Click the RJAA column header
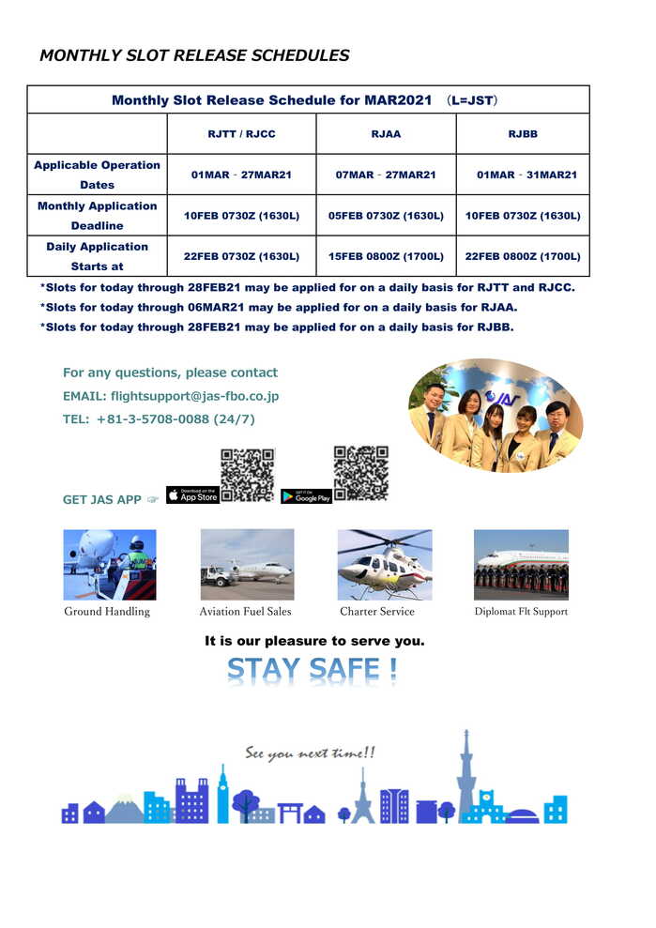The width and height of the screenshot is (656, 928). click(x=386, y=134)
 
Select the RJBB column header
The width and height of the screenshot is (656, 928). click(x=523, y=134)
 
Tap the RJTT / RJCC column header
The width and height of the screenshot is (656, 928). click(x=241, y=134)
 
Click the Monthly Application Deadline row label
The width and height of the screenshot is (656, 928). click(x=97, y=216)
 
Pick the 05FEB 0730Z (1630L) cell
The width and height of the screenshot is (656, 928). click(x=386, y=216)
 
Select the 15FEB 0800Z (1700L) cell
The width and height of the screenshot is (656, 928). click(x=386, y=256)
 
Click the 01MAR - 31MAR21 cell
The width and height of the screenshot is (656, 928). click(x=526, y=175)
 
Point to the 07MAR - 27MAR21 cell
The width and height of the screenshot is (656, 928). click(x=386, y=175)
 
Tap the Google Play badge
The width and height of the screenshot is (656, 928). click(x=306, y=496)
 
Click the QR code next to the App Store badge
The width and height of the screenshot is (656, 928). click(x=247, y=475)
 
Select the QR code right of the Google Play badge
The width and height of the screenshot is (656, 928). click(x=361, y=473)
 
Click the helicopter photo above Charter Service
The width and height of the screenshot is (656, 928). click(x=385, y=564)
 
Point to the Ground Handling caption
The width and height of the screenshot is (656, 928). click(x=107, y=612)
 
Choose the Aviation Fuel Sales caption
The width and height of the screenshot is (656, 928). click(x=245, y=612)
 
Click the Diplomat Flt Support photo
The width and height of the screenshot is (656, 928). click(x=521, y=564)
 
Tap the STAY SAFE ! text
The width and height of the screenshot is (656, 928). click(x=313, y=671)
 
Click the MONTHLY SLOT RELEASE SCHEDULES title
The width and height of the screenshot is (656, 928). click(x=194, y=55)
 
